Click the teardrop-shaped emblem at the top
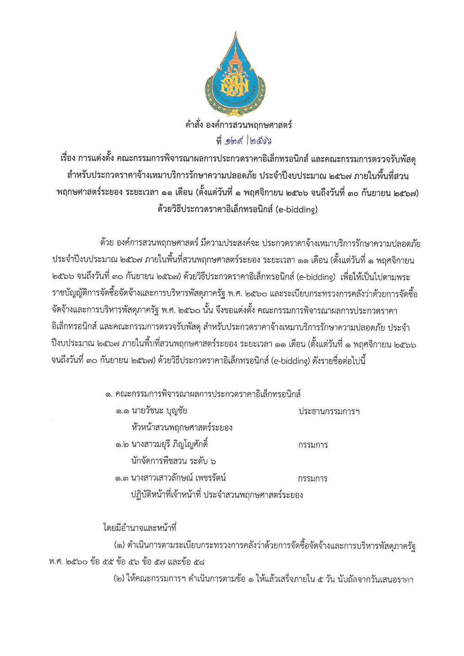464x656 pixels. pyautogui.click(x=235, y=73)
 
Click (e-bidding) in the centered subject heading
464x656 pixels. pyautogui.click(x=296, y=210)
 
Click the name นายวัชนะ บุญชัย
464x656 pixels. pyautogui.click(x=159, y=411)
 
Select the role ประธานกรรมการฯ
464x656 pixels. pyautogui.click(x=328, y=411)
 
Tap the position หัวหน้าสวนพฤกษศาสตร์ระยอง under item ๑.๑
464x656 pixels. pyautogui.click(x=182, y=428)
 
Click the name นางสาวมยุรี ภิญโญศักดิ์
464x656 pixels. pyautogui.click(x=169, y=445)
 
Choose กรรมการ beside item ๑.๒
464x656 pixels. pyautogui.click(x=312, y=445)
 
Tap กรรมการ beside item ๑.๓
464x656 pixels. pyautogui.click(x=312, y=479)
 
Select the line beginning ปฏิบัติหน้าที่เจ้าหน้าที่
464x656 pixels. pyautogui.click(x=217, y=495)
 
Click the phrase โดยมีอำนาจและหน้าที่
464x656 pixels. pyautogui.click(x=140, y=528)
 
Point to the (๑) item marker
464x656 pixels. pyautogui.click(x=119, y=546)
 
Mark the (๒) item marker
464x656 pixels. pyautogui.click(x=119, y=580)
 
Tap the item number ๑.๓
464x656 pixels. pyautogui.click(x=122, y=478)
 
